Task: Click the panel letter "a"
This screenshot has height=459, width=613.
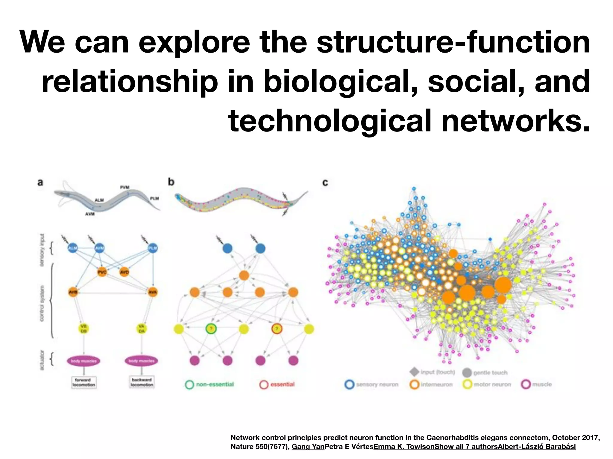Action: [x=40, y=182]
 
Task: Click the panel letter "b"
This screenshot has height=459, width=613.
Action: [x=171, y=182]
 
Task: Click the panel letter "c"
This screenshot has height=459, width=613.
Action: [x=325, y=182]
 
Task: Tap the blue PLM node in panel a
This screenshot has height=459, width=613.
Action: [x=153, y=248]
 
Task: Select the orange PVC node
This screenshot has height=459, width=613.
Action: [x=102, y=272]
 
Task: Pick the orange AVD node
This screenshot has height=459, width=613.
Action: [x=124, y=272]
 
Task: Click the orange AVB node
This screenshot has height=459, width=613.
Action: [x=73, y=292]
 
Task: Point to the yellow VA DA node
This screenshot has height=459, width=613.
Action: [x=141, y=329]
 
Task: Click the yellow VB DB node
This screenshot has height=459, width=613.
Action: [x=84, y=329]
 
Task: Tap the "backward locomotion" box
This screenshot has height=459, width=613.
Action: [x=142, y=382]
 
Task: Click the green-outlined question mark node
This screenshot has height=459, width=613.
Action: [x=211, y=329]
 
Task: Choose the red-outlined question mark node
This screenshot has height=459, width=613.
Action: [x=277, y=329]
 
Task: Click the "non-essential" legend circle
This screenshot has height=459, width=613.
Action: [x=190, y=385]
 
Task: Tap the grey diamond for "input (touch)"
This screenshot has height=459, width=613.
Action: [x=414, y=372]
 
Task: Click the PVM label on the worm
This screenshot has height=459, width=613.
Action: [x=125, y=187]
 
